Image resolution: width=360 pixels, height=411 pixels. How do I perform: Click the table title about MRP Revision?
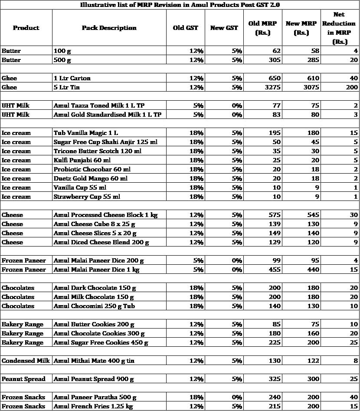(180, 5)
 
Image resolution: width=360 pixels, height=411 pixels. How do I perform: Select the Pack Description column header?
(109, 28)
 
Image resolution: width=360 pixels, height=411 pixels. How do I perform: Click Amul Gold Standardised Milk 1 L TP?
(107, 115)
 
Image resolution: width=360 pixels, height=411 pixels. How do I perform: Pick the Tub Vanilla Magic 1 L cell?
(85, 133)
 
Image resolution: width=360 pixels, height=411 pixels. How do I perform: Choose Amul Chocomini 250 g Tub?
(94, 306)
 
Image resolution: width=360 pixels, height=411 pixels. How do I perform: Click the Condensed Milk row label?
(26, 361)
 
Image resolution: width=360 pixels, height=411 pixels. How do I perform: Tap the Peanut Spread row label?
(23, 379)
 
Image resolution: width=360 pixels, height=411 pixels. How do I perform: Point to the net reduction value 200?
(350, 87)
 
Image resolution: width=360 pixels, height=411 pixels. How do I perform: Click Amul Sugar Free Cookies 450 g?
(101, 342)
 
